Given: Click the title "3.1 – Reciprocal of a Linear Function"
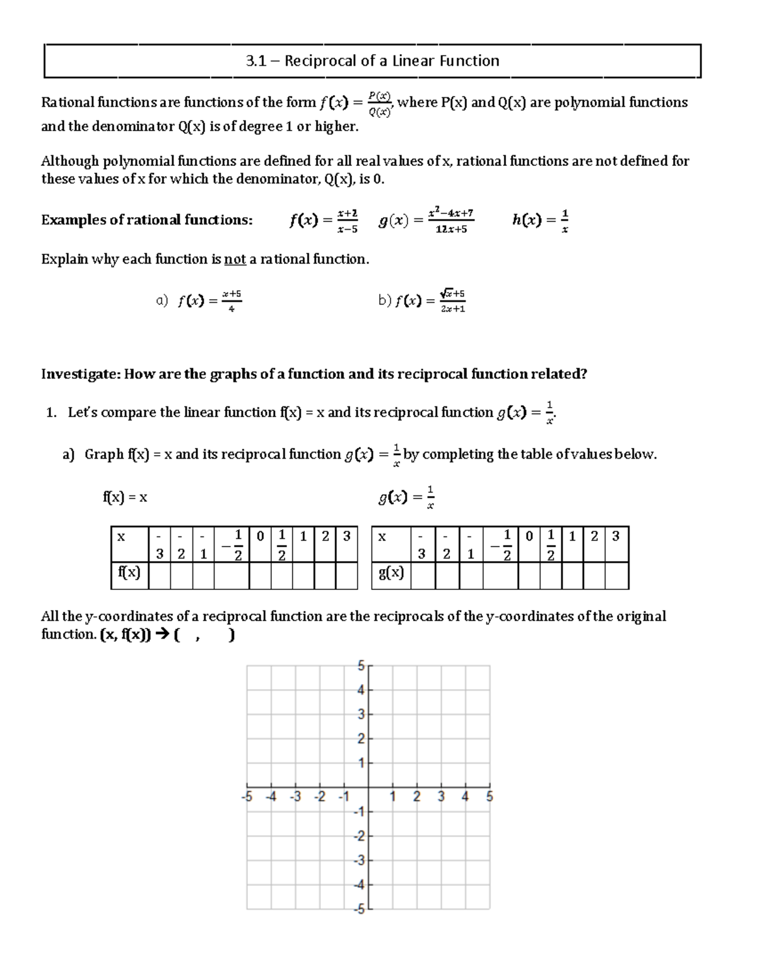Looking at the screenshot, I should click(x=372, y=61).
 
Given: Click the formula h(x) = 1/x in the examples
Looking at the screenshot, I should click(x=541, y=220).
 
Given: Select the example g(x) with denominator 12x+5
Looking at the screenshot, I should click(x=426, y=220).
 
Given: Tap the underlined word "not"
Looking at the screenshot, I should click(x=235, y=259).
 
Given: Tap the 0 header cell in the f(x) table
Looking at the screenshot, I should click(x=260, y=537).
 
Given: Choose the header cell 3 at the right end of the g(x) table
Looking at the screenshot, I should click(x=616, y=537).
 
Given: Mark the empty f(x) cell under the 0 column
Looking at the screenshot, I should click(x=260, y=575).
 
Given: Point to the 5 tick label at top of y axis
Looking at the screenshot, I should click(x=361, y=666).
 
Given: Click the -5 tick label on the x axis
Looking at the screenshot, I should click(x=247, y=797).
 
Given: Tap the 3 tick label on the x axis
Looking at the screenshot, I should click(x=441, y=797).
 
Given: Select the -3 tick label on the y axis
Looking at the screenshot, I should click(x=358, y=861).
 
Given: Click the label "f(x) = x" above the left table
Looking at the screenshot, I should click(x=125, y=497).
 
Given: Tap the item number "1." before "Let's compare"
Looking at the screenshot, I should click(x=52, y=413).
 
